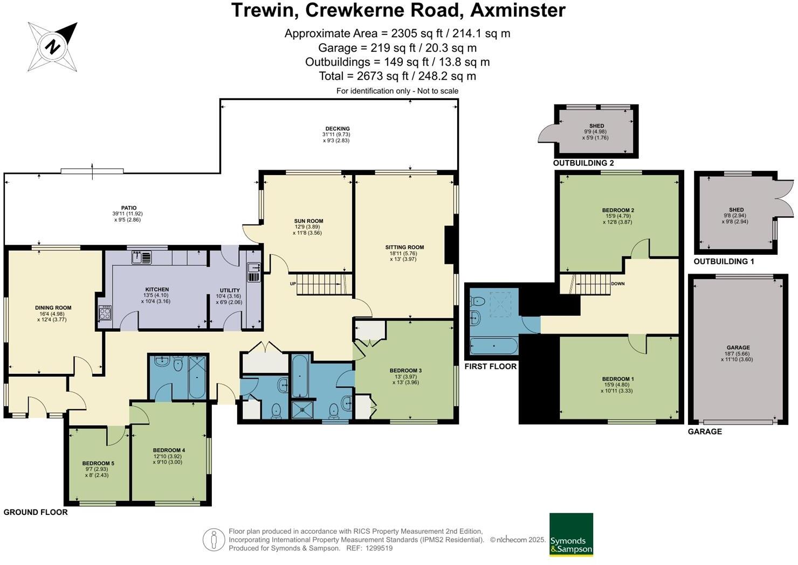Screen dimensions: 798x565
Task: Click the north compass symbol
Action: click(53, 47)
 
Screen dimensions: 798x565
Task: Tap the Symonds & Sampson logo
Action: click(571, 534)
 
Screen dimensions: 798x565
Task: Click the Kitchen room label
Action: click(157, 295)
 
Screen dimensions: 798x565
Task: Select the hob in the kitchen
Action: click(105, 313)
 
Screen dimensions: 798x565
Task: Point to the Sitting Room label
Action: click(404, 253)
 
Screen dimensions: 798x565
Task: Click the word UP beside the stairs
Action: click(293, 283)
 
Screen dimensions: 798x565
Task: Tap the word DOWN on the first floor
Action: click(618, 283)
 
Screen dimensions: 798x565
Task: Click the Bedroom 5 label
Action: click(98, 469)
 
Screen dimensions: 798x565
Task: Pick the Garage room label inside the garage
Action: click(738, 353)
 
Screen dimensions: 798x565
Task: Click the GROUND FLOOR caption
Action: click(36, 512)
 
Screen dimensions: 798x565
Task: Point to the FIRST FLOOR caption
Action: click(490, 366)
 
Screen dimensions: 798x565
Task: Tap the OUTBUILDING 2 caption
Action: click(583, 163)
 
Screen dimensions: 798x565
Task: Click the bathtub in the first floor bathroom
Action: click(494, 346)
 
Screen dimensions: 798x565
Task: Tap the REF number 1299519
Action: click(379, 548)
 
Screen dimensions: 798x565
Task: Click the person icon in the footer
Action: click(214, 539)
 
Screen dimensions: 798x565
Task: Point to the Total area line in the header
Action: click(397, 76)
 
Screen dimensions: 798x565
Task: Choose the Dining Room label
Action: click(53, 313)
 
